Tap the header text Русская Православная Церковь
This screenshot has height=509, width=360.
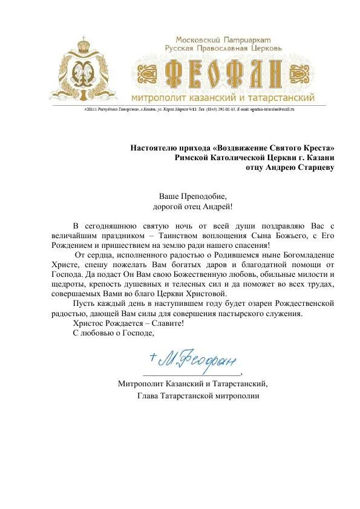(223, 47)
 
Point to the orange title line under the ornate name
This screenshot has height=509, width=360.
(223, 98)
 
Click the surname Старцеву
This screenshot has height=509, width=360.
(313, 167)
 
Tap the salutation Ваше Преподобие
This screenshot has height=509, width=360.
(192, 197)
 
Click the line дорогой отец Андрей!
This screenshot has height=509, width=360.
(192, 207)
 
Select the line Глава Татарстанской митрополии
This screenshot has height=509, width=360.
(198, 395)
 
